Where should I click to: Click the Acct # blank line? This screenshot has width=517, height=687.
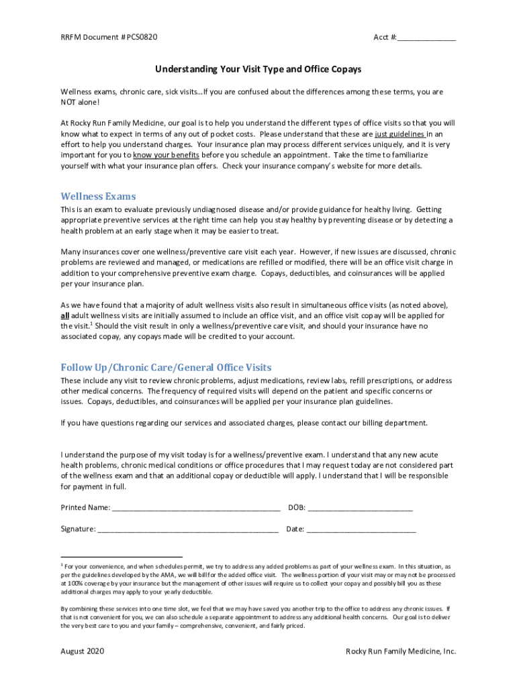click(x=426, y=38)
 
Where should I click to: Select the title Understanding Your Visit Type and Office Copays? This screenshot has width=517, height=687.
click(x=258, y=69)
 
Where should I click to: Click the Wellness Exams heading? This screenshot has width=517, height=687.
click(x=98, y=197)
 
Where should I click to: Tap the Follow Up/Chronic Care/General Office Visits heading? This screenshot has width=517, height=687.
click(x=166, y=368)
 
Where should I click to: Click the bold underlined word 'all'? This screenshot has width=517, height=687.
click(x=65, y=315)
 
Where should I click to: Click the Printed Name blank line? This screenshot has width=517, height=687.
click(x=196, y=508)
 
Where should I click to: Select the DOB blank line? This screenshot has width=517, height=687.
click(x=360, y=508)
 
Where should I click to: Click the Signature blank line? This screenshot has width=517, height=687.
click(x=188, y=529)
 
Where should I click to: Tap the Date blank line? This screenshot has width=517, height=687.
click(x=361, y=529)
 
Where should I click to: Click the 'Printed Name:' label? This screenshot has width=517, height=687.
click(x=85, y=507)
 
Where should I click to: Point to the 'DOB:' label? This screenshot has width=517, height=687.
click(x=297, y=507)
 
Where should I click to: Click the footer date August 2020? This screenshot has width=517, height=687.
click(x=82, y=651)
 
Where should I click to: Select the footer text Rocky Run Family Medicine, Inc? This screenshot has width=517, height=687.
click(x=401, y=651)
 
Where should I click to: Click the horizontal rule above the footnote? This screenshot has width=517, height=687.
click(x=122, y=557)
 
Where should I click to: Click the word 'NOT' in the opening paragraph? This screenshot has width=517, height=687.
click(x=69, y=101)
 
